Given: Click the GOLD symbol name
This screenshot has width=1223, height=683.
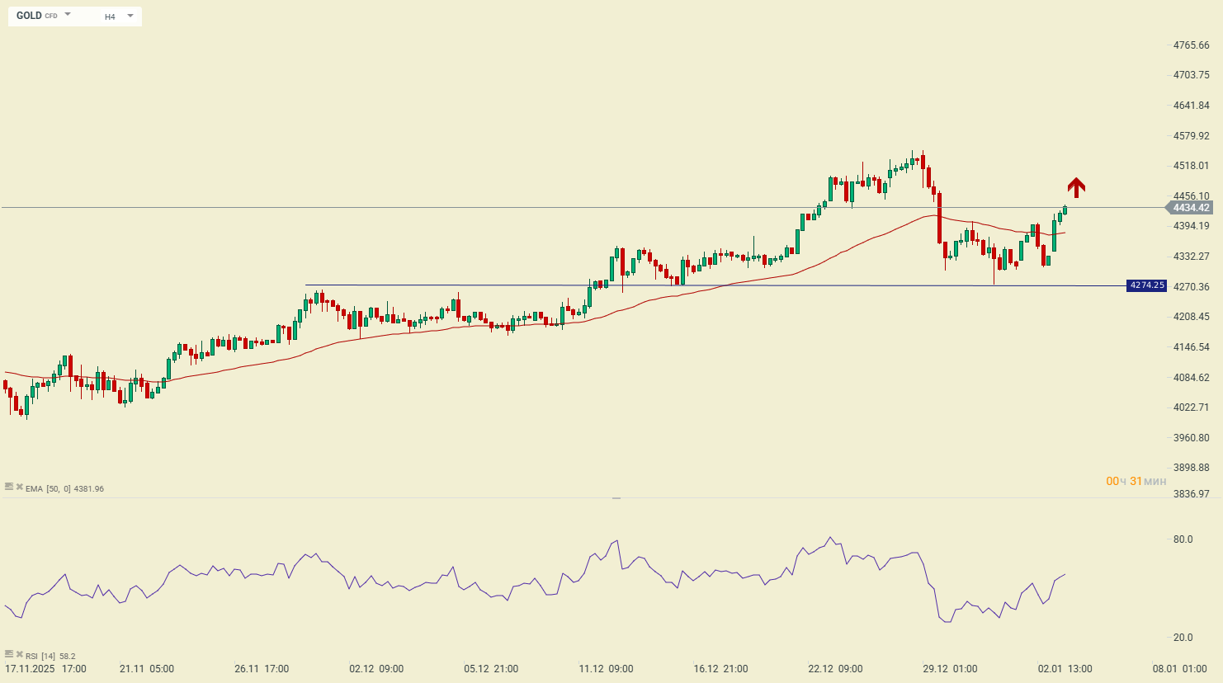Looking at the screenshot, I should coord(29,16).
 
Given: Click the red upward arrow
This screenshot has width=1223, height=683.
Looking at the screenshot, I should coord(1076,187).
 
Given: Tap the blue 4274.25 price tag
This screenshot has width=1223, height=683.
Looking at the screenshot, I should coord(1147,285).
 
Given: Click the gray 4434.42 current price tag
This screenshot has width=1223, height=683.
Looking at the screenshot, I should coord(1191,208).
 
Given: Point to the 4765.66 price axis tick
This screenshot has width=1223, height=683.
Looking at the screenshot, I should coord(1191,45).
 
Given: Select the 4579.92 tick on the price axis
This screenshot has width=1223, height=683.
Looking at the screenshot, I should coord(1191,136).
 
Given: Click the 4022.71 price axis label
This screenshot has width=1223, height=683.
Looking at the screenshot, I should coord(1191,407).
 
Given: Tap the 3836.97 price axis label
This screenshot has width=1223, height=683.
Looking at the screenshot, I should coord(1191,494).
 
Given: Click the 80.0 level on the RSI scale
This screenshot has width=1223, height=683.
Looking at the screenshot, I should coord(1183,539).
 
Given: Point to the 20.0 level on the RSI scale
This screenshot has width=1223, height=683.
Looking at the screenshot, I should coord(1183,638).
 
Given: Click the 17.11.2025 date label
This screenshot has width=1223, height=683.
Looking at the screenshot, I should coord(30,669).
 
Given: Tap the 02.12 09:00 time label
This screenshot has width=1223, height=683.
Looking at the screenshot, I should coord(376,669).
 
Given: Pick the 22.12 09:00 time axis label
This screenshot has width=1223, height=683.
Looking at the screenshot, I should coord(835,669).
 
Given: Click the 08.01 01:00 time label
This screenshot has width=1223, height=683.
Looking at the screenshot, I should coord(1179,669).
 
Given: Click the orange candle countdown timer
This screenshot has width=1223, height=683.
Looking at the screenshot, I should coord(1136,481).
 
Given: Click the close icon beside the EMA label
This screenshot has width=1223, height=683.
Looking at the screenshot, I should coord(19,488).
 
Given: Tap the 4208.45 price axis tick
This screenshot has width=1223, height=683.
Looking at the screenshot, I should coord(1191,317).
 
